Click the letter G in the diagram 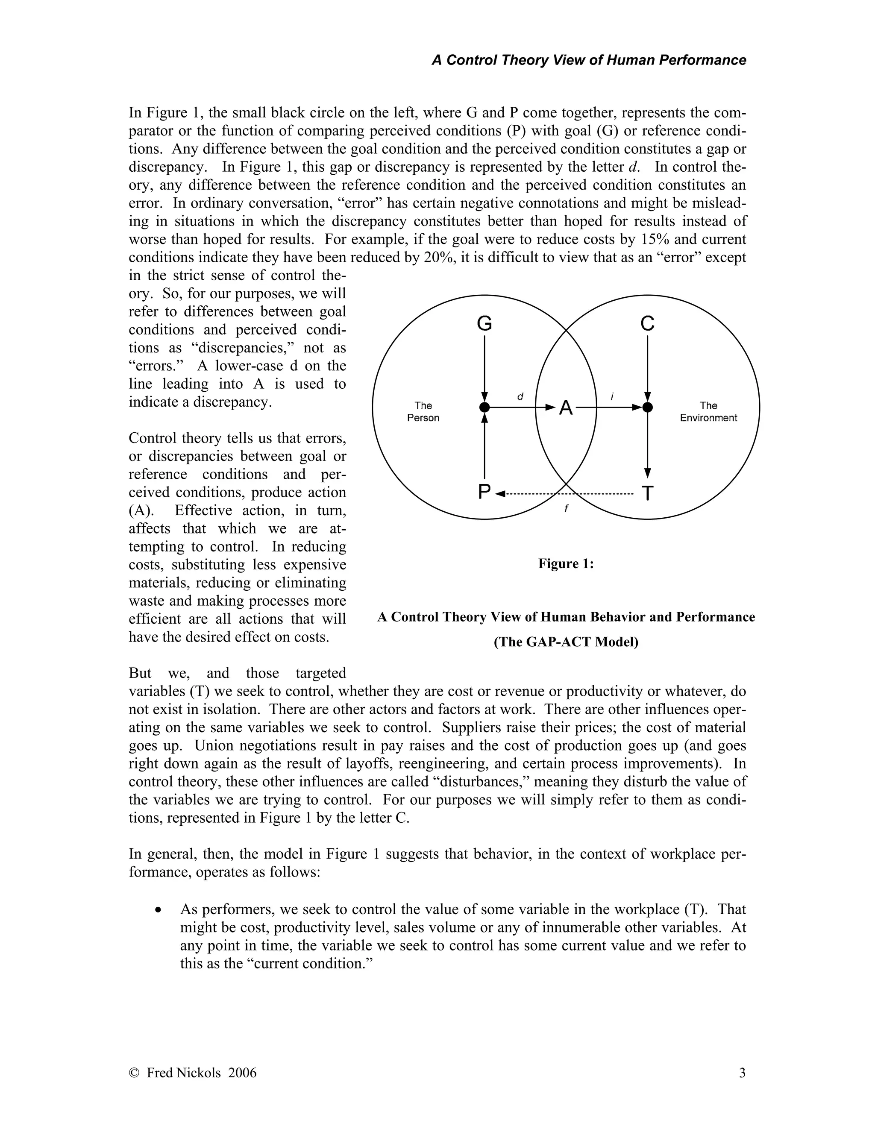point(484,324)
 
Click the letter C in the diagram point(647,324)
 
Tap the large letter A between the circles point(566,408)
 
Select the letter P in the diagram point(484,492)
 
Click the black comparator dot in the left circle point(484,408)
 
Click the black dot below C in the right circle point(647,408)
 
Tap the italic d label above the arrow point(520,396)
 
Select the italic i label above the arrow point(612,396)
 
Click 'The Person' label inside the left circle point(423,411)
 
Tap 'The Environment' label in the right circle point(708,411)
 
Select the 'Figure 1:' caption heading point(566,564)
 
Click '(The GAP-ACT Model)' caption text point(566,642)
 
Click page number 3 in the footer point(742,1073)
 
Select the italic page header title point(589,60)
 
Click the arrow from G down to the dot point(484,368)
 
